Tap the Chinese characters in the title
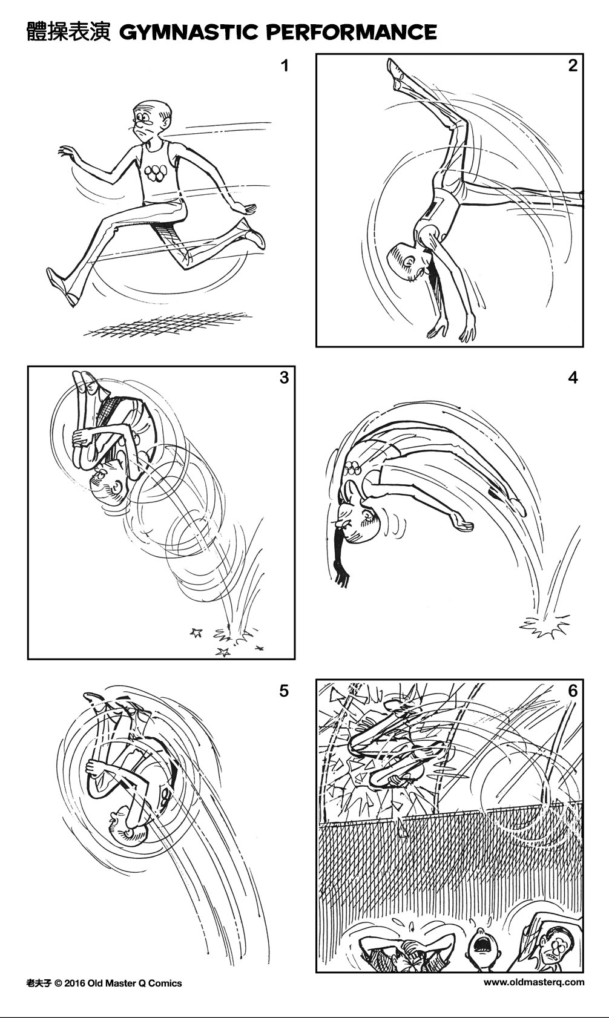pos(68,31)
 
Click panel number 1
pos(285,65)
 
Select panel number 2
pos(573,65)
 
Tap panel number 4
pos(573,378)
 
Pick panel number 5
pos(285,691)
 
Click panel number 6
pos(573,691)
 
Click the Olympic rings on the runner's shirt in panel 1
pos(157,174)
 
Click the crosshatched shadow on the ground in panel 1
pos(170,325)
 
